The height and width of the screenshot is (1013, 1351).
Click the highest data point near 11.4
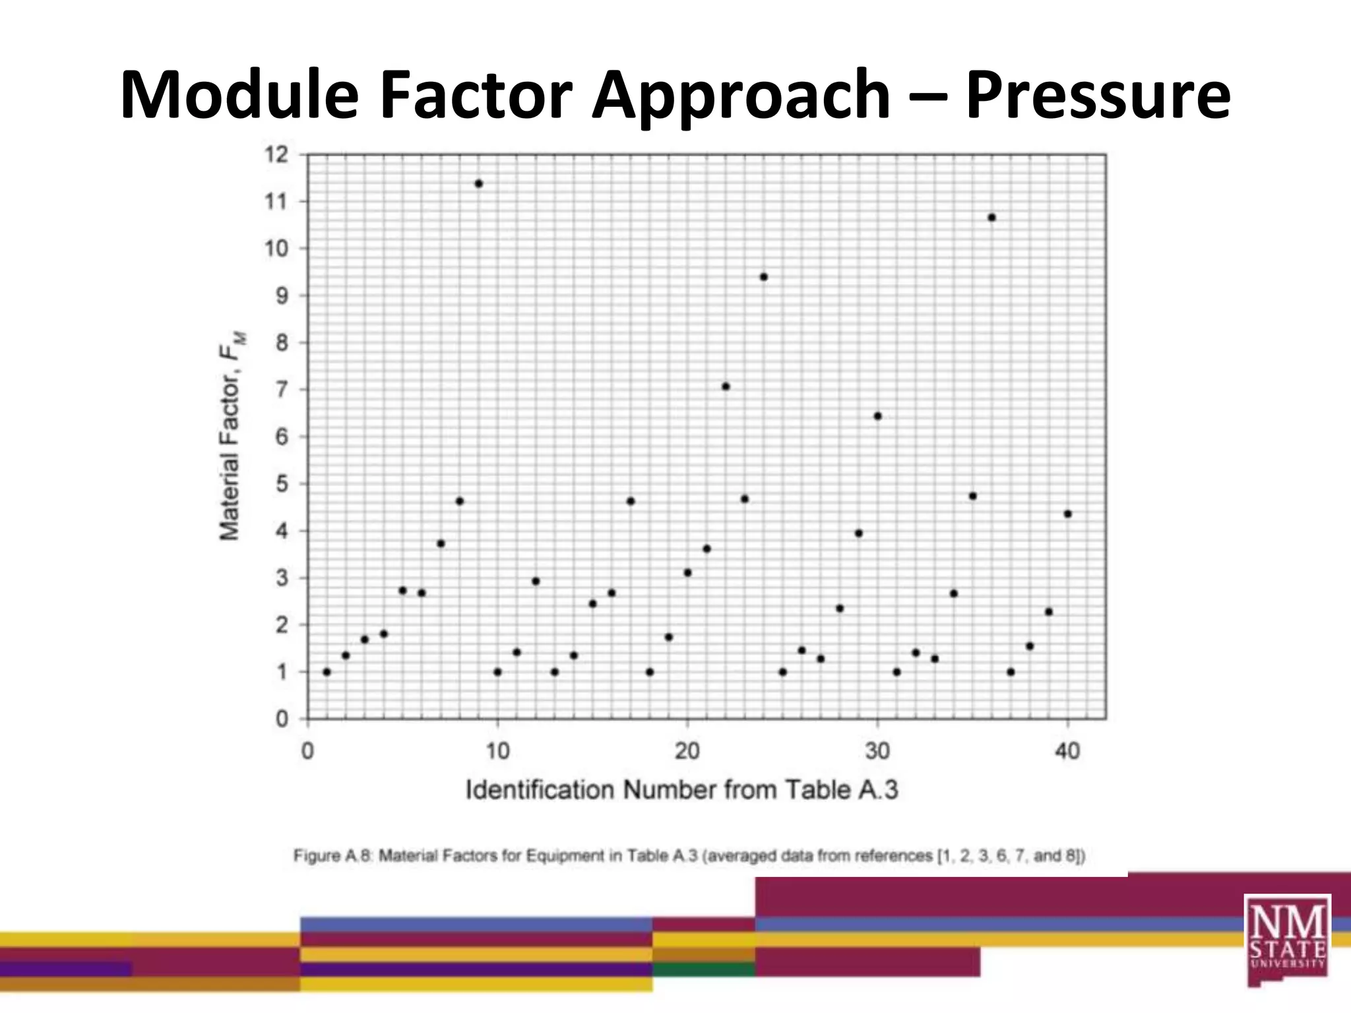click(479, 184)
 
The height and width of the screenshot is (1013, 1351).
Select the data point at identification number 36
click(991, 218)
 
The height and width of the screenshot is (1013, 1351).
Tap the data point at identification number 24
click(764, 277)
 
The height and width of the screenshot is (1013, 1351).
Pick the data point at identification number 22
click(726, 386)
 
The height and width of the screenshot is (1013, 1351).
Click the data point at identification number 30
click(878, 416)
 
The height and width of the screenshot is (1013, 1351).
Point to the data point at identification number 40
click(1068, 514)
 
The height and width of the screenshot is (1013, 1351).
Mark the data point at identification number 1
click(327, 672)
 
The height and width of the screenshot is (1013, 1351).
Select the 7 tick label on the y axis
click(282, 390)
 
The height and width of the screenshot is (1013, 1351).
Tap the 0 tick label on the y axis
click(282, 719)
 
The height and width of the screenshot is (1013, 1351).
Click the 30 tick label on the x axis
click(877, 751)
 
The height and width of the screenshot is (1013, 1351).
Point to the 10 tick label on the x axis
click(497, 751)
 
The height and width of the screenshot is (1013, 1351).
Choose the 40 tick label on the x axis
click(1067, 751)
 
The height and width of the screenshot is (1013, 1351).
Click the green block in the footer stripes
click(704, 969)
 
